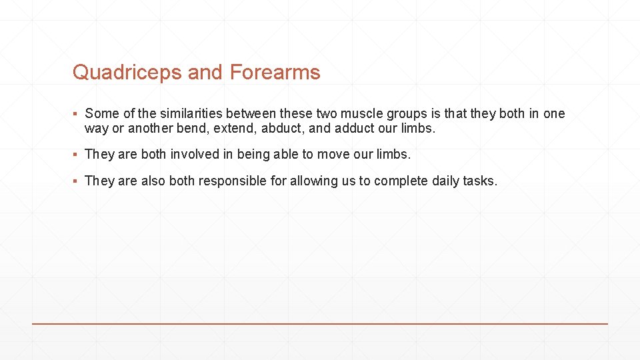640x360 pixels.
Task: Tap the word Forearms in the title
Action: click(x=275, y=72)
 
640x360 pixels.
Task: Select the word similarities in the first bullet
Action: click(x=190, y=113)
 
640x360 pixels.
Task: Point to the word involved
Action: click(x=194, y=154)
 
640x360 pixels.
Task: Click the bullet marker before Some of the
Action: click(x=77, y=114)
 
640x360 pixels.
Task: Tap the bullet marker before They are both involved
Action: click(x=77, y=155)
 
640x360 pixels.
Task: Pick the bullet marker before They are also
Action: click(x=77, y=181)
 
